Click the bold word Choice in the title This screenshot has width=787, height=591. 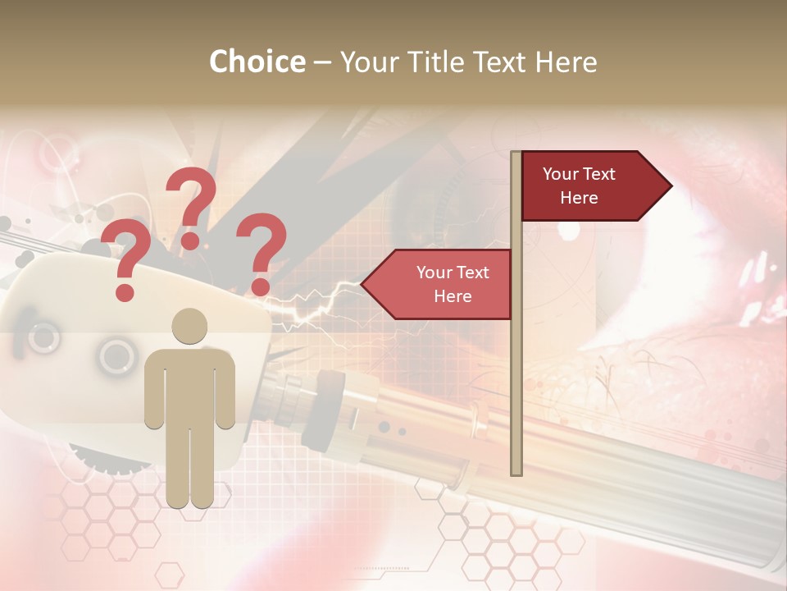pyautogui.click(x=257, y=62)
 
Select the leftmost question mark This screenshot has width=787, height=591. pyautogui.click(x=125, y=254)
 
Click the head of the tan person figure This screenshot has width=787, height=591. pyautogui.click(x=189, y=327)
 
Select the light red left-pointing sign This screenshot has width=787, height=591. pyautogui.click(x=443, y=284)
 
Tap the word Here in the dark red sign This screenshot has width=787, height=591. pyautogui.click(x=579, y=198)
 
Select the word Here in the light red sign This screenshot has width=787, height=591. pyautogui.click(x=453, y=296)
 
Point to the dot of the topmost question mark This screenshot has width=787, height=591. pyautogui.click(x=190, y=241)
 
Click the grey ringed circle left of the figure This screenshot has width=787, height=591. pyautogui.click(x=118, y=355)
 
